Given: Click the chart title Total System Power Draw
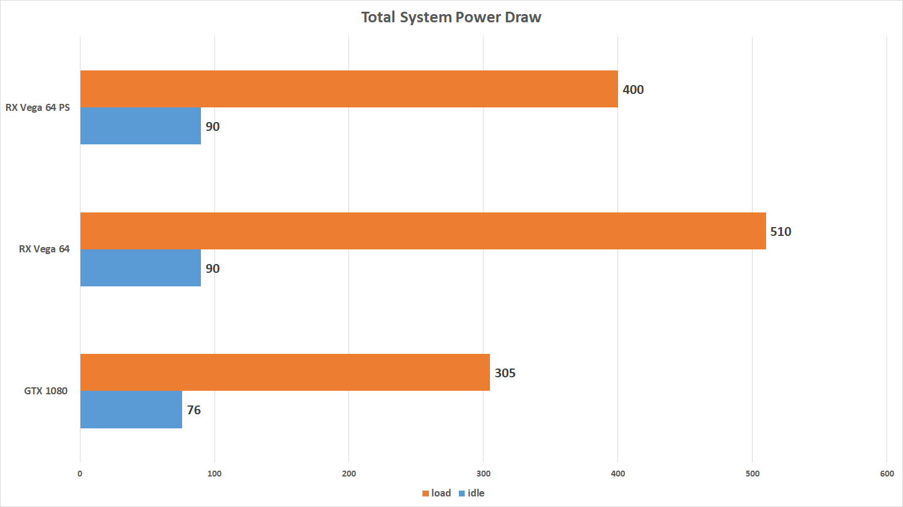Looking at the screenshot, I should point(451,18).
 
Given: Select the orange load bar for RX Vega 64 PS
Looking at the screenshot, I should point(349,89).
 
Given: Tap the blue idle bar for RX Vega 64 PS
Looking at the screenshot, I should point(140,126).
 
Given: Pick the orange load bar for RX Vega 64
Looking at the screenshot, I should point(423,231).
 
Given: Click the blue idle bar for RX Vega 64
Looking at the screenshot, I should point(140,268).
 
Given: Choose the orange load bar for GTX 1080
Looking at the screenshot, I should point(285,373).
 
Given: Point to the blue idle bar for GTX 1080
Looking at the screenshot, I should point(131,410).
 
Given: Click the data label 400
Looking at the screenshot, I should point(633,90).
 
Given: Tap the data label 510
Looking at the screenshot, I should point(781,232).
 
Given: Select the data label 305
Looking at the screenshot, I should point(505,373).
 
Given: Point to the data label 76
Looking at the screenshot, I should point(194,410).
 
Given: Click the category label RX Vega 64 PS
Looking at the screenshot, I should point(38,108).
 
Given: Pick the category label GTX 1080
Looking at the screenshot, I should point(46,391).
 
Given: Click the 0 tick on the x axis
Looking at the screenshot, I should point(80,474).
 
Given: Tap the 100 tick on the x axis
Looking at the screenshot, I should point(214,474).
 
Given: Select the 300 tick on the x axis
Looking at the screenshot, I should point(483,474).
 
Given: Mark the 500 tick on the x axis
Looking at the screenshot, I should point(752,474).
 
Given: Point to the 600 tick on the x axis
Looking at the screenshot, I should point(887,474).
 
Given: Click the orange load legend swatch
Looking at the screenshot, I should point(425,494).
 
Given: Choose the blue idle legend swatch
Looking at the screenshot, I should point(462,494).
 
